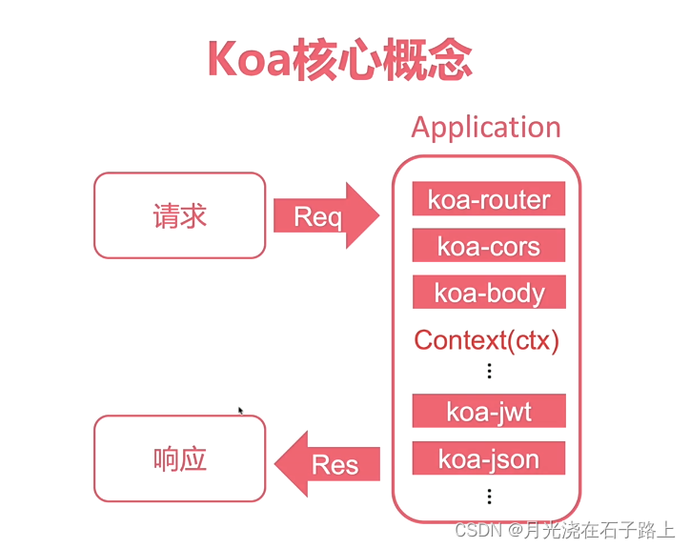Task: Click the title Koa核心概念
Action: tap(338, 60)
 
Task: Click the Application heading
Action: tap(486, 128)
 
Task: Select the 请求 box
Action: tap(179, 215)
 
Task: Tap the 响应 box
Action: tap(179, 458)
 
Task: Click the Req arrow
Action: tap(324, 216)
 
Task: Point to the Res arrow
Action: tap(329, 464)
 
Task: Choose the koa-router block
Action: tap(489, 199)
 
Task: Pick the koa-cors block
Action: tap(489, 246)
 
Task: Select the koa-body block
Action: tap(489, 293)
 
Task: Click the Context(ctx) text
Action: tap(487, 340)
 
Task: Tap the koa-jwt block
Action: tap(489, 412)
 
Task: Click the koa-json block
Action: tap(489, 458)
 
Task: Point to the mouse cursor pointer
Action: tap(240, 411)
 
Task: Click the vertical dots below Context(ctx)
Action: tap(489, 371)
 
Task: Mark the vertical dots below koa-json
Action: tap(489, 496)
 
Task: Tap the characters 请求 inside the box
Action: tap(179, 215)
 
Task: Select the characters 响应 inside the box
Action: tap(179, 458)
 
